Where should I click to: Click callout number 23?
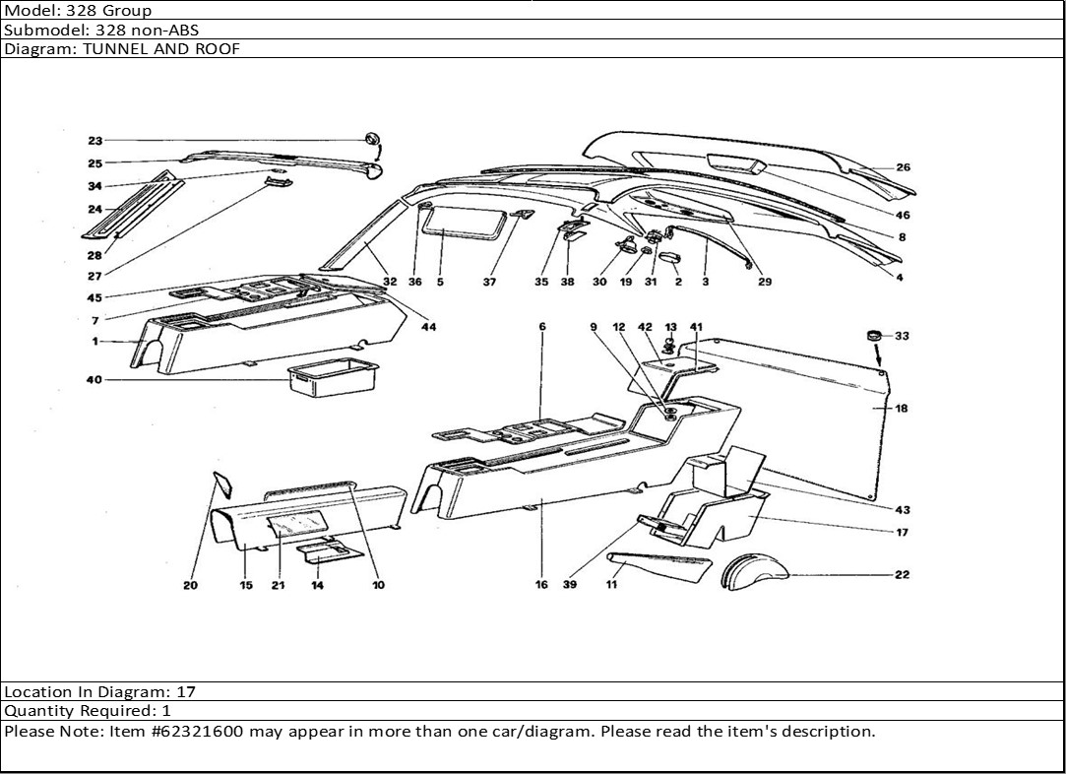pos(94,140)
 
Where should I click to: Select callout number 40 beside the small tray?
pos(94,379)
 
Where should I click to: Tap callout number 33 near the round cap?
pos(902,336)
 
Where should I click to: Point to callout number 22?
pos(902,574)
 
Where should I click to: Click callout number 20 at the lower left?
pos(190,585)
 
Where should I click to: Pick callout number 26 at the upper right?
pos(903,167)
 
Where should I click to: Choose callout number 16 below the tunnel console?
pos(541,585)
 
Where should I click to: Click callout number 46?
pos(903,215)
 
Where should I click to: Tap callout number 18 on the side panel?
pos(902,409)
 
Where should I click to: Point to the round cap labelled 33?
pos(872,337)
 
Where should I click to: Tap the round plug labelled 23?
pos(371,139)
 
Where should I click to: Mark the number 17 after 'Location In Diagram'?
pos(186,692)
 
